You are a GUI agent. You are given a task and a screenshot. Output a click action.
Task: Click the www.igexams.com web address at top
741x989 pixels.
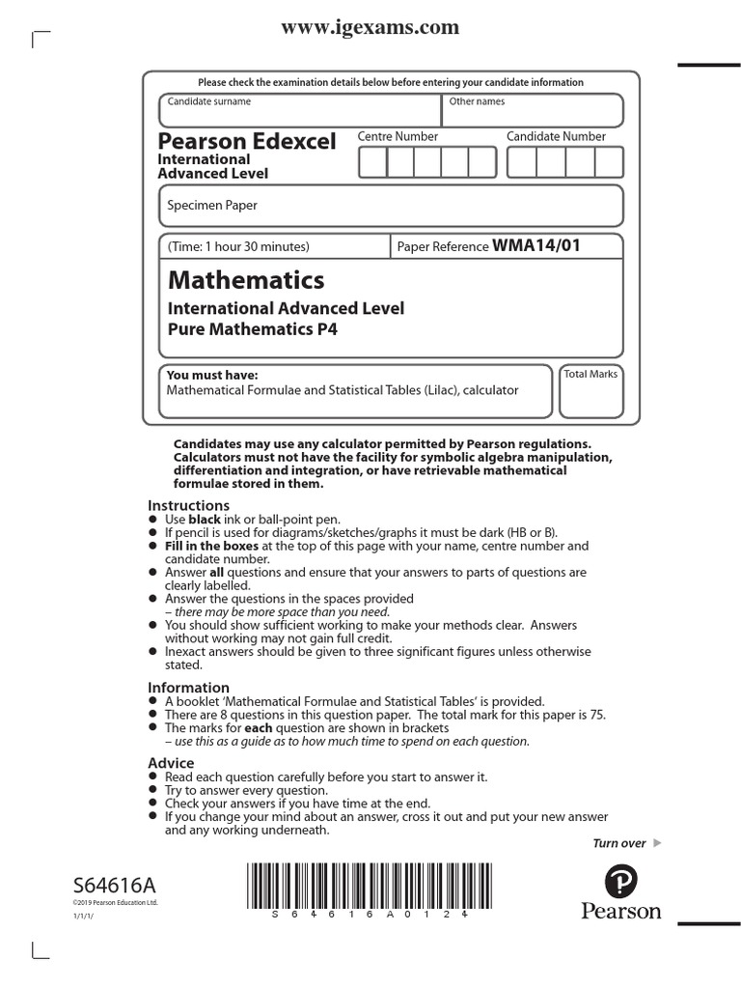tap(370, 28)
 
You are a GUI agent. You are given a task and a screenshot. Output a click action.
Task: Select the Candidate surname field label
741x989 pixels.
tap(209, 101)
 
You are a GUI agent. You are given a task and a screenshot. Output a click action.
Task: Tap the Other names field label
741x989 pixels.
tap(477, 101)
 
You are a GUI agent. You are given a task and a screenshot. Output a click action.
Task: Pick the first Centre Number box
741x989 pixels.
tap(372, 163)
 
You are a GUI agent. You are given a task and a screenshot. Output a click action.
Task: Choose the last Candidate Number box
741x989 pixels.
tap(609, 163)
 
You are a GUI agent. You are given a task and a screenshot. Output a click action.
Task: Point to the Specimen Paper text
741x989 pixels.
tap(212, 205)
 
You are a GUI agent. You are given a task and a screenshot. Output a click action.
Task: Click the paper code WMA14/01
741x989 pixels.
tap(536, 246)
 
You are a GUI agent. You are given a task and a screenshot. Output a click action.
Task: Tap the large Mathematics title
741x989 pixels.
tap(246, 281)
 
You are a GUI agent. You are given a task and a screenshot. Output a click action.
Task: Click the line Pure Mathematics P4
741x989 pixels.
tap(254, 328)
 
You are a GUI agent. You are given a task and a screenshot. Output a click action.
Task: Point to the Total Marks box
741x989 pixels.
tap(590, 391)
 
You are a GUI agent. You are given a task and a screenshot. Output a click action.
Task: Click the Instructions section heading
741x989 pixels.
tap(188, 505)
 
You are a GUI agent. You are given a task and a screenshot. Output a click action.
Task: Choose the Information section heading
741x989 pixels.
tap(188, 688)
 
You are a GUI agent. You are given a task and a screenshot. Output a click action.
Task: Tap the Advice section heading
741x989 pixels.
tap(171, 763)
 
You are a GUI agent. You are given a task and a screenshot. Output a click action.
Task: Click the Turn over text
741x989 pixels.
tap(618, 843)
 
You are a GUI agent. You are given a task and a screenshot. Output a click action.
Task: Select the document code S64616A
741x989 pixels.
tap(114, 886)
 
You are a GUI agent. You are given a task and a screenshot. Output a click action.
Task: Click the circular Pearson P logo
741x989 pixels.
tap(620, 882)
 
